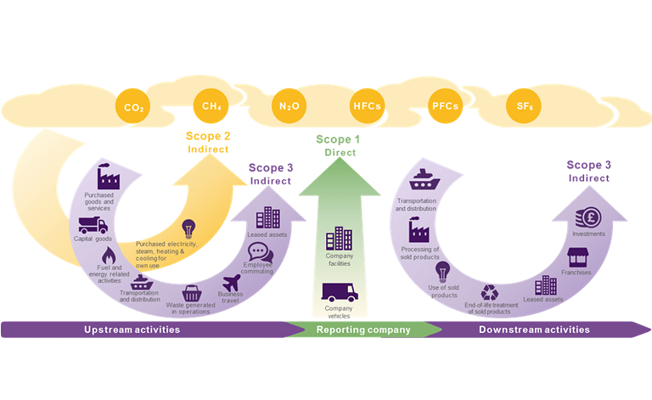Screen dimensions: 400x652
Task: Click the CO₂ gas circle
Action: pos(132,108)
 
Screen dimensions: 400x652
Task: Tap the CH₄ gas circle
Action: pos(211,106)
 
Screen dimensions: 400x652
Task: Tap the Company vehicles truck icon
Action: pos(339,293)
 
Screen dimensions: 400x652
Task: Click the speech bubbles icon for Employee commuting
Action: pos(259,251)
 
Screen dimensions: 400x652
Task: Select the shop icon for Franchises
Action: pos(576,256)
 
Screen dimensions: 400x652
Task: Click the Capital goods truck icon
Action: pos(93,225)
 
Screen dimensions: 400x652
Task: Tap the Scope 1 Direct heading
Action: pos(338,145)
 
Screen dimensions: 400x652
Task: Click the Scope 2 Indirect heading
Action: pos(208,142)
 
